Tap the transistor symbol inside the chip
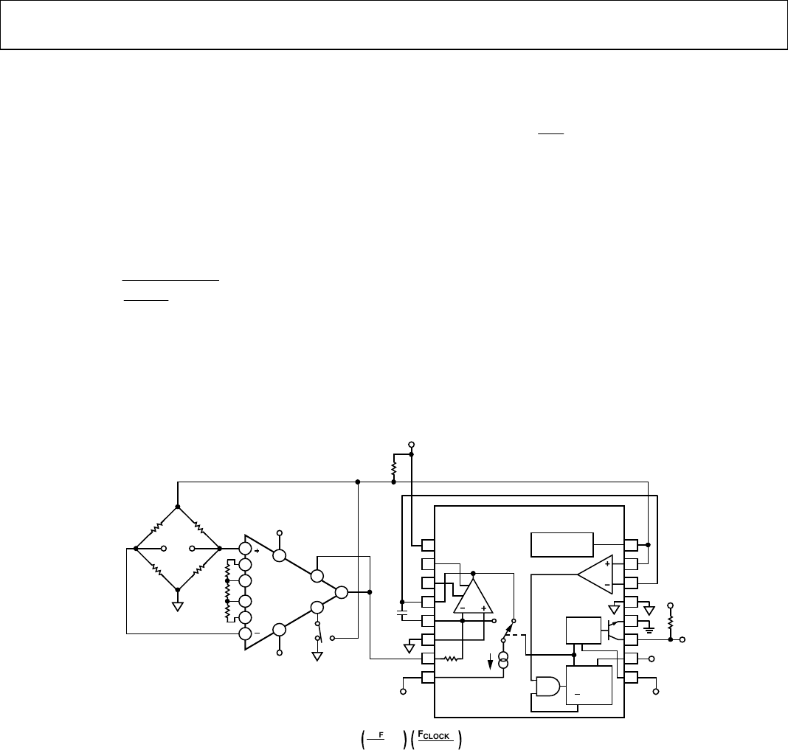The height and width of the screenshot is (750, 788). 615,630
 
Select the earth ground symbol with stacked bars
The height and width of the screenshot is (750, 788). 649,628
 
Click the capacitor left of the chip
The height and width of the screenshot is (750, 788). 402,614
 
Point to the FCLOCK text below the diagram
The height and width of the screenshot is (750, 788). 434,735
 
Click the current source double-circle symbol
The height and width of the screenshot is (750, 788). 503,660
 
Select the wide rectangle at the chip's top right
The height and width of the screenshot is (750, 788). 561,544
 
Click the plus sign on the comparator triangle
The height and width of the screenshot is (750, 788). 607,564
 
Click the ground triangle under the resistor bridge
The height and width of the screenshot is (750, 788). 177,606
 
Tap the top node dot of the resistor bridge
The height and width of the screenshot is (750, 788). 177,507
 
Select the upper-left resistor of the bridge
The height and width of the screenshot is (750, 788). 156,528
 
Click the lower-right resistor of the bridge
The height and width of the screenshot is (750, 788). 198,569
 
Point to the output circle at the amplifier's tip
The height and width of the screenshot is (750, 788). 341,592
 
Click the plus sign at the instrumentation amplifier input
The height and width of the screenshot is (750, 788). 257,551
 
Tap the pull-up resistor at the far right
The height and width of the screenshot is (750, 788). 670,622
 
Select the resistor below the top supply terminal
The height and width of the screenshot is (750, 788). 393,469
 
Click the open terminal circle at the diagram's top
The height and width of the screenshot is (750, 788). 411,445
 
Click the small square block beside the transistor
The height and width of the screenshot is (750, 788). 584,631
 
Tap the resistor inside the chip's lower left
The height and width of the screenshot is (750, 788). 452,658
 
